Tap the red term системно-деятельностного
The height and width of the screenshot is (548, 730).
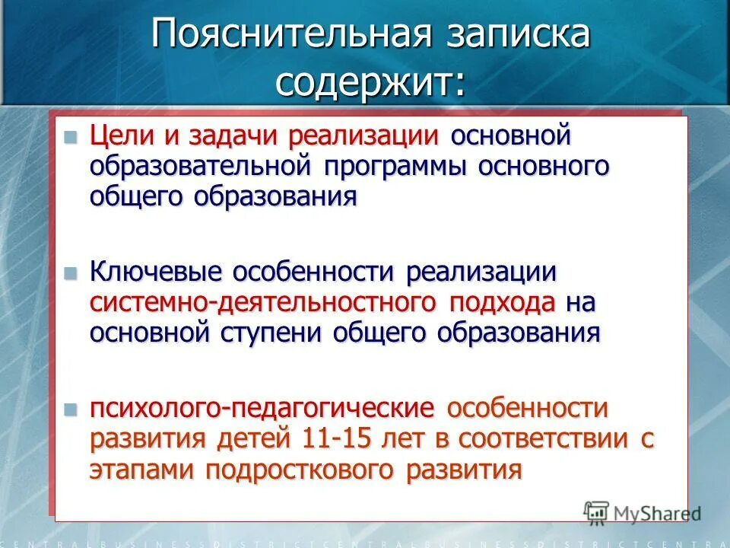263,302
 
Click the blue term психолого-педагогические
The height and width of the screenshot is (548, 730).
263,409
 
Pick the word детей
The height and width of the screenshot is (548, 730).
252,439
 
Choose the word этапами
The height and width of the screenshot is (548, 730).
144,469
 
